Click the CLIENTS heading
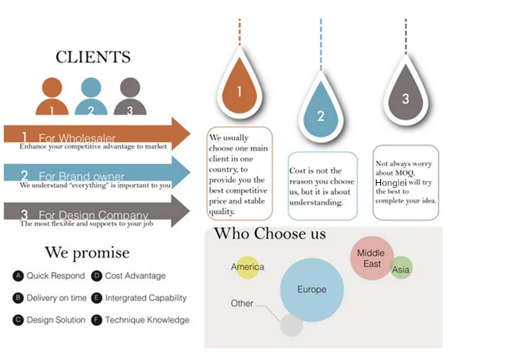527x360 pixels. coord(93,57)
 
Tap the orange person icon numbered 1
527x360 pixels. coord(53,96)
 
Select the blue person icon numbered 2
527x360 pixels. coord(91,96)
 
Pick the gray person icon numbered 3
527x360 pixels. coord(129,96)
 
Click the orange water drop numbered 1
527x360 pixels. coord(240,89)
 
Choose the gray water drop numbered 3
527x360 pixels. coord(405,97)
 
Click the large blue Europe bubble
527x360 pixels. coord(313,290)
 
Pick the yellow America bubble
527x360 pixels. coord(247,267)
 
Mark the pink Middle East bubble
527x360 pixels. coord(372,258)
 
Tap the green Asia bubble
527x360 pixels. coord(401,269)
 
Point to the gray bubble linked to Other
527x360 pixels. coord(291,325)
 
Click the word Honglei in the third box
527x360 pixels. coord(391,182)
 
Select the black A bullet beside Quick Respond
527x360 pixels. coord(18,276)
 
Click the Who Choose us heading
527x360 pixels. coord(270,233)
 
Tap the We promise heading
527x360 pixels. coord(87,252)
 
